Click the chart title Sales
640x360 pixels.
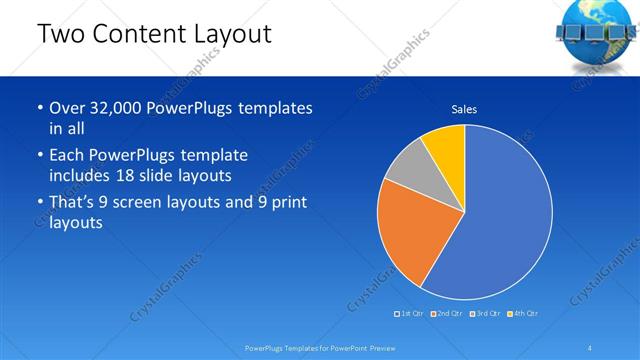464,108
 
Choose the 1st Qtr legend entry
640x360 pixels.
411,314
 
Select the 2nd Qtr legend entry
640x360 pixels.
448,314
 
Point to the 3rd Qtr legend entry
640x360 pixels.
486,314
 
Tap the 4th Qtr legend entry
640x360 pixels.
524,314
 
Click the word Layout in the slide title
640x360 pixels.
231,34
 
